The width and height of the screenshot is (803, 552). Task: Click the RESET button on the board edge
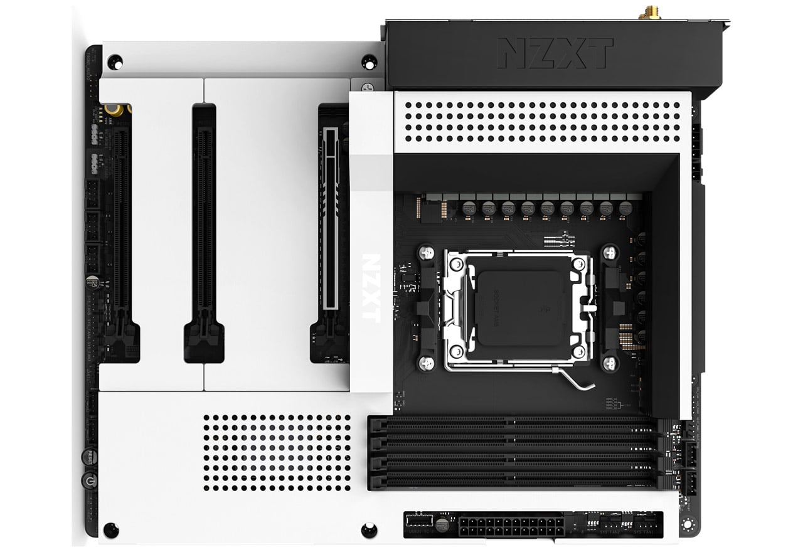(x=92, y=456)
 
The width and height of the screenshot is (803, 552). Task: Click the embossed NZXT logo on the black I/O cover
(x=555, y=53)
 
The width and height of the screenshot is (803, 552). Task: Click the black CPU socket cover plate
(x=518, y=308)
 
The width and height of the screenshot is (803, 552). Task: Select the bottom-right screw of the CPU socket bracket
(x=608, y=363)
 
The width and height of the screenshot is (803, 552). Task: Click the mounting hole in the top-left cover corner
(x=115, y=61)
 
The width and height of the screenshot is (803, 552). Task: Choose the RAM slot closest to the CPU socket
(x=511, y=425)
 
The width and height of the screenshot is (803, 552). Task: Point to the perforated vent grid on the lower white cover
(x=277, y=452)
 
